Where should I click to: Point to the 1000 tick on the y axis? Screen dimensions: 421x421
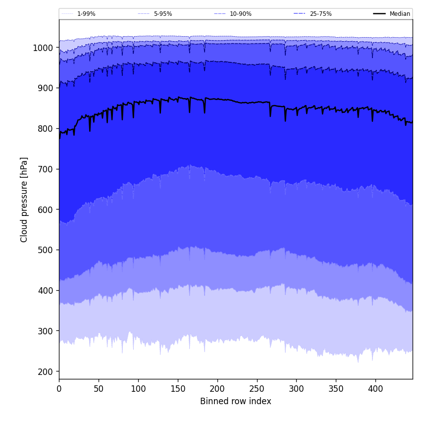coord(43,48)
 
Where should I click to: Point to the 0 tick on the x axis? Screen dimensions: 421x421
coord(59,389)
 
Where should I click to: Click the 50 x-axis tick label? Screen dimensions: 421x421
coord(99,389)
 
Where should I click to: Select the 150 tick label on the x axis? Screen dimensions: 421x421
coord(178,389)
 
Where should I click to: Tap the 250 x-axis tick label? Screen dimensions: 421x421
coord(257,389)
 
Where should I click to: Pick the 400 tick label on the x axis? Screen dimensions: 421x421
coord(375,389)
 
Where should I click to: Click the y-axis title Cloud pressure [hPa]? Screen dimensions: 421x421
coord(24,200)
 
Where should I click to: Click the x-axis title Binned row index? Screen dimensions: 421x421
coord(236,401)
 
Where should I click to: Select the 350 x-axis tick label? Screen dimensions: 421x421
coord(336,389)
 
